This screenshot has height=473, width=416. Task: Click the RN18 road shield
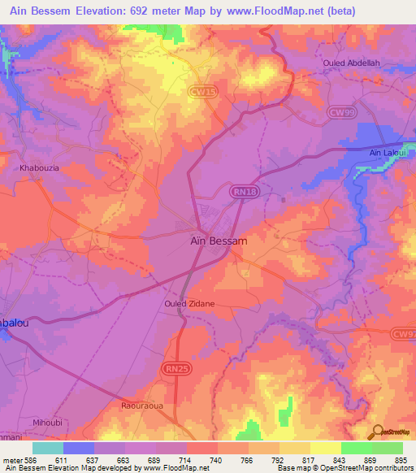click(x=240, y=191)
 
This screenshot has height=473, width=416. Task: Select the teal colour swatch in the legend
click(x=48, y=448)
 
